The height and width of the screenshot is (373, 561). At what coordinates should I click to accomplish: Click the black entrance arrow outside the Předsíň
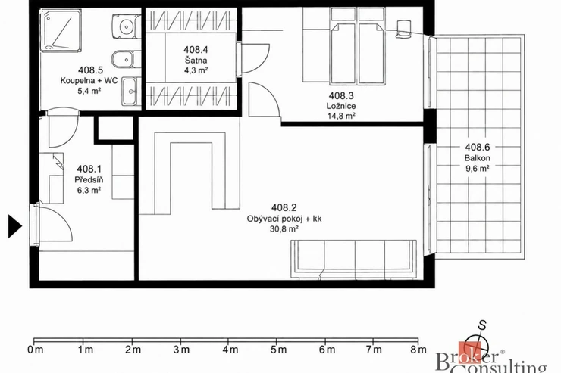click(x=14, y=226)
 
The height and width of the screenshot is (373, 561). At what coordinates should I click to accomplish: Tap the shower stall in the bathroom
click(x=60, y=31)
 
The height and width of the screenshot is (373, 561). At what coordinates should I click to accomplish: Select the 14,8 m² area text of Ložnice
click(x=341, y=116)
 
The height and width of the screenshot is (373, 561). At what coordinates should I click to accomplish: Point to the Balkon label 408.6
click(x=478, y=147)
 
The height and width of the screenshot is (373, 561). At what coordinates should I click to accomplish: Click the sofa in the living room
click(x=353, y=260)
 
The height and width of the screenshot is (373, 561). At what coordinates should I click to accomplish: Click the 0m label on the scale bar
click(x=35, y=350)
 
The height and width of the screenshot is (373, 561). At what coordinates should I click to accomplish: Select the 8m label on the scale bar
click(x=418, y=350)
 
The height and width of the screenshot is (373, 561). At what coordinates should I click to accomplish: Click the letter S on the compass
click(x=483, y=325)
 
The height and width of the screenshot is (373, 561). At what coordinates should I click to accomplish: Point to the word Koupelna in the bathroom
click(x=76, y=80)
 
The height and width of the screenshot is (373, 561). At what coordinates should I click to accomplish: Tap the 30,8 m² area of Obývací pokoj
click(x=284, y=228)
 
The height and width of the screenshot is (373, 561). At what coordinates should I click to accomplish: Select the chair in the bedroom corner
click(x=404, y=29)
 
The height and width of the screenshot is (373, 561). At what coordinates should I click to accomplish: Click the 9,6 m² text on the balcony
click(x=478, y=168)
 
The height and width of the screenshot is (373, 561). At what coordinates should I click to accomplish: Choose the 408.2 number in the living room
click(x=284, y=207)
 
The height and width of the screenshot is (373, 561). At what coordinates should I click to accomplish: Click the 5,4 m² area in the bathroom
click(x=89, y=91)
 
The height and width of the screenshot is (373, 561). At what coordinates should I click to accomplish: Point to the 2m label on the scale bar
click(x=133, y=350)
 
